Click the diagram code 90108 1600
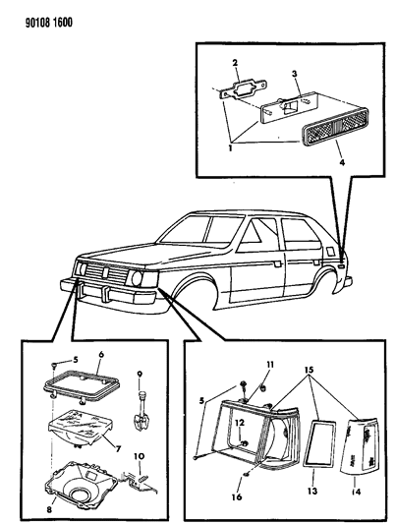(x=49, y=23)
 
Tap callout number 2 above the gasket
(x=235, y=63)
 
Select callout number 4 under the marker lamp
(x=342, y=163)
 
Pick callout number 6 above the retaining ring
(x=101, y=354)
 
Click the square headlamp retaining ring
(x=82, y=386)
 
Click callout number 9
(x=140, y=374)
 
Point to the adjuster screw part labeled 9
(x=140, y=413)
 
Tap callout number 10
(x=139, y=456)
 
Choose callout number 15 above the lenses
(x=309, y=370)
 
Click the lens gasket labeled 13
(x=319, y=443)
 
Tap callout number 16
(x=237, y=496)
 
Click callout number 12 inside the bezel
(x=240, y=423)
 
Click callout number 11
(x=270, y=365)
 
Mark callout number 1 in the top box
(x=230, y=148)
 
